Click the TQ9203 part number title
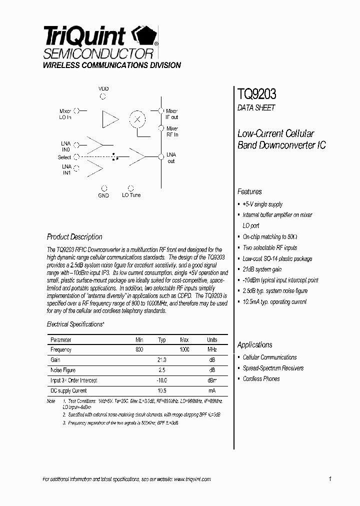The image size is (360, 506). pyautogui.click(x=256, y=94)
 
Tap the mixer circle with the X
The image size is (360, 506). pyautogui.click(x=137, y=119)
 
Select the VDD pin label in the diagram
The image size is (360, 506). pyautogui.click(x=103, y=89)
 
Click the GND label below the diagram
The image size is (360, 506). pyautogui.click(x=103, y=195)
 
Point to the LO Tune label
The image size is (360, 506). pyautogui.click(x=131, y=195)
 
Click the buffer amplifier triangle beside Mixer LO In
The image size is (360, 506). pyautogui.click(x=109, y=119)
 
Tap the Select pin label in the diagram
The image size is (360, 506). pyautogui.click(x=64, y=157)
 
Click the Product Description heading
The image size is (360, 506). pyautogui.click(x=74, y=237)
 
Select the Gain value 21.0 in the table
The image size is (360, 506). pyautogui.click(x=161, y=360)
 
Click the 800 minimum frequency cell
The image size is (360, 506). pyautogui.click(x=139, y=350)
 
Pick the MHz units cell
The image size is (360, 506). pyautogui.click(x=212, y=350)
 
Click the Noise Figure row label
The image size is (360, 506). pyautogui.click(x=63, y=370)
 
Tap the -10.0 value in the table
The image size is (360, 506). pyautogui.click(x=161, y=380)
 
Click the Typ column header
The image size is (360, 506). pyautogui.click(x=161, y=340)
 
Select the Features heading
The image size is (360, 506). pyautogui.click(x=249, y=191)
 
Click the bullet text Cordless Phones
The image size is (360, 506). pyautogui.click(x=261, y=379)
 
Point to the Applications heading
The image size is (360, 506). pyautogui.click(x=254, y=345)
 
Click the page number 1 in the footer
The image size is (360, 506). pyautogui.click(x=330, y=479)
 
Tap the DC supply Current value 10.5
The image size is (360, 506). pyautogui.click(x=161, y=391)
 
